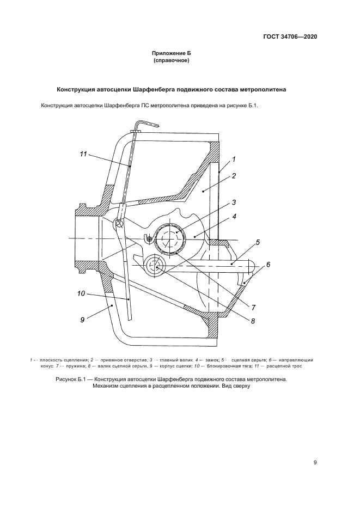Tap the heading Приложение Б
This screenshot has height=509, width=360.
[172, 53]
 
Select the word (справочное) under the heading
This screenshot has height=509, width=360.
[172, 61]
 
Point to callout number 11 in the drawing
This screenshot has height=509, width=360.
[83, 155]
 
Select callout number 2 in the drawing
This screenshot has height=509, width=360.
[233, 176]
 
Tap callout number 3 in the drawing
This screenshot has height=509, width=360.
[233, 202]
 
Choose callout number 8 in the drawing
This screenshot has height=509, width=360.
[253, 321]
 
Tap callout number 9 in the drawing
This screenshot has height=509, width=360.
[82, 320]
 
